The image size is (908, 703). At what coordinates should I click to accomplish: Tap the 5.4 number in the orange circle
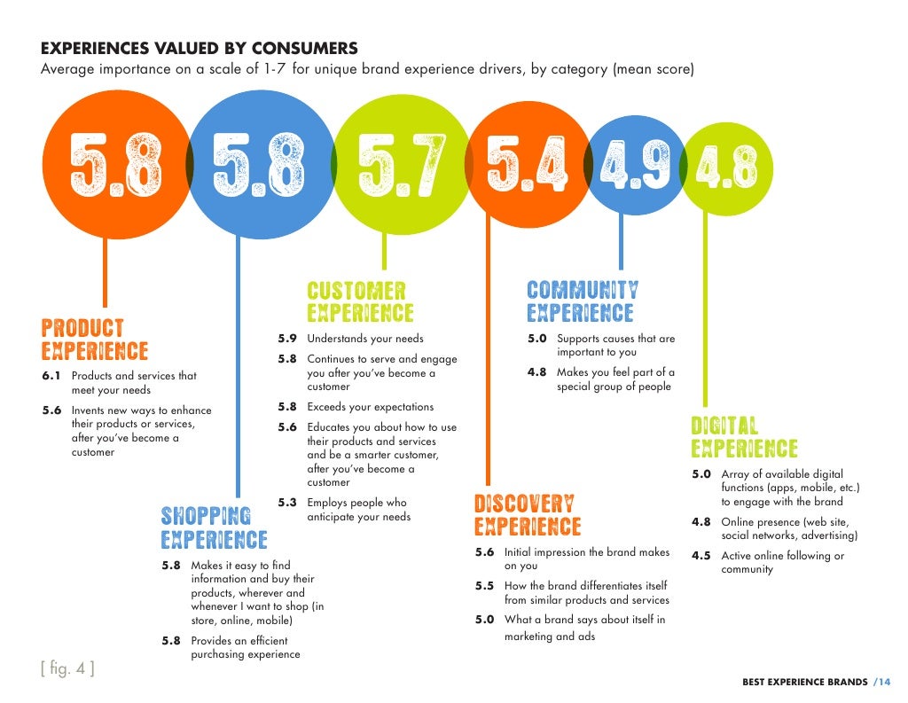click(x=527, y=164)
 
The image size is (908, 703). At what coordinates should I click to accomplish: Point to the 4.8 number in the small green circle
click(x=727, y=168)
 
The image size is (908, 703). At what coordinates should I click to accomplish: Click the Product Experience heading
click(x=95, y=340)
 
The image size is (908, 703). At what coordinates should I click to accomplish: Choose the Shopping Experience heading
click(x=214, y=527)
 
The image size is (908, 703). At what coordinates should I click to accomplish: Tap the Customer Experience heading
click(x=360, y=302)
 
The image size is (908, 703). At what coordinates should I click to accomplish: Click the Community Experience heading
click(x=582, y=302)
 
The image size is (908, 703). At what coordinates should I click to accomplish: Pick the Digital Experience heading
click(x=744, y=437)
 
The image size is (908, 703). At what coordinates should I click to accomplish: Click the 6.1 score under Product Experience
click(x=51, y=376)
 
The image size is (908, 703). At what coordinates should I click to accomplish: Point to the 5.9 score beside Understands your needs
click(x=286, y=339)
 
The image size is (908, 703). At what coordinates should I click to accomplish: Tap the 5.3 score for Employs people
click(x=286, y=503)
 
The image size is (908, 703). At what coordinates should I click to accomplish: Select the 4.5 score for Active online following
click(x=701, y=556)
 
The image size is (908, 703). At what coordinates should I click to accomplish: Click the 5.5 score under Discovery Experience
click(x=484, y=586)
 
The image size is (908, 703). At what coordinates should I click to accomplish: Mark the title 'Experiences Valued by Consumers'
click(x=200, y=48)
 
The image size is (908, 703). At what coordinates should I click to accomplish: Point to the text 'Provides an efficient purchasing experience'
click(x=245, y=647)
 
